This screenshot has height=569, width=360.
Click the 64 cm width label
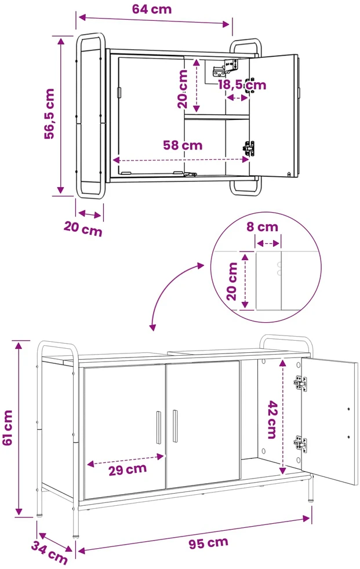(152, 9)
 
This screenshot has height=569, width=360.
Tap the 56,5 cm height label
(49, 114)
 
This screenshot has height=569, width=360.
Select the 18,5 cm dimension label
(242, 85)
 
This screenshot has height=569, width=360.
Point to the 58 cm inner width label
(183, 145)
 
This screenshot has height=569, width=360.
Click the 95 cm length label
(208, 543)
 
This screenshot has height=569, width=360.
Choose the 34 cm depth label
(50, 552)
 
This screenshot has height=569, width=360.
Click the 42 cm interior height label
(272, 420)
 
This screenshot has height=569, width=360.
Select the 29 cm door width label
(128, 469)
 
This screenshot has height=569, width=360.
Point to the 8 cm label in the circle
(263, 227)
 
